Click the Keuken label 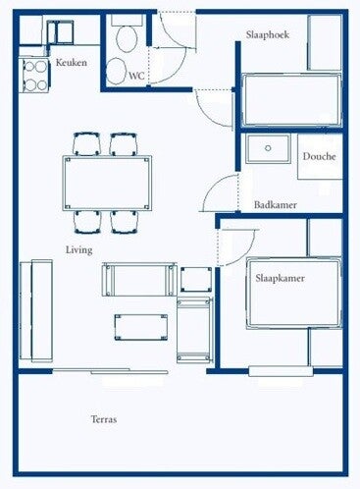click(x=72, y=62)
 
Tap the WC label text click(x=136, y=76)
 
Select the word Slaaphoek click(x=268, y=34)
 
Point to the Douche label click(x=319, y=156)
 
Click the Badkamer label click(x=276, y=205)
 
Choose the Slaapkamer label click(x=280, y=278)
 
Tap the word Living click(x=79, y=249)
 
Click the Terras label click(x=104, y=419)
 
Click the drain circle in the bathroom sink click(x=268, y=148)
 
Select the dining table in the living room click(x=107, y=184)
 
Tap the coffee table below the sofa click(x=141, y=327)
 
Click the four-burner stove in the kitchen click(x=35, y=76)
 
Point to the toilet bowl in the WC click(x=128, y=38)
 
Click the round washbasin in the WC click(x=117, y=71)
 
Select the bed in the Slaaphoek click(x=291, y=100)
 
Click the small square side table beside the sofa click(x=196, y=280)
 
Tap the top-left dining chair click(x=86, y=144)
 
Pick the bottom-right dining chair click(x=124, y=222)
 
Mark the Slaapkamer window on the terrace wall click(x=281, y=371)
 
